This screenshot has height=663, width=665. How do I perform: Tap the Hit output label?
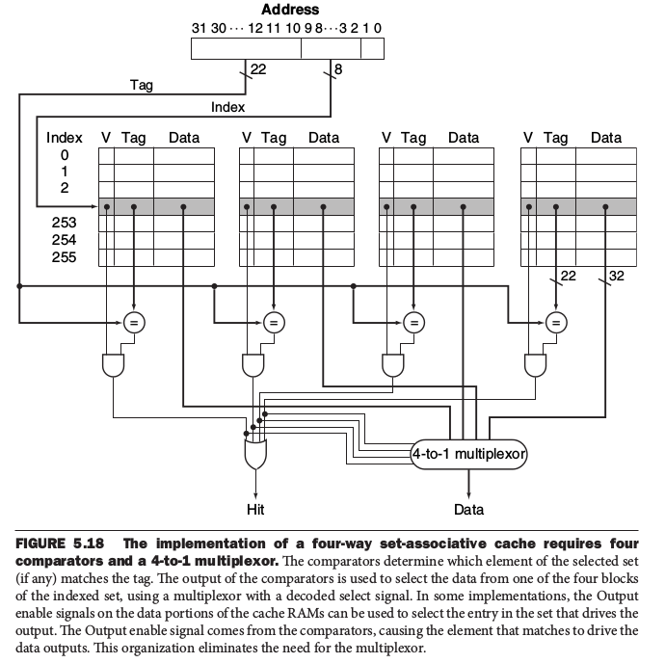(x=254, y=509)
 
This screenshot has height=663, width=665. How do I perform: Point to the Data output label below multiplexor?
(x=469, y=509)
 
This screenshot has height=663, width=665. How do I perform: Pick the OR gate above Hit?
(x=254, y=451)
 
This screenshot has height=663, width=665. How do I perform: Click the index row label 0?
(x=65, y=154)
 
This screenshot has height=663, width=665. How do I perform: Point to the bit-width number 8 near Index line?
(x=338, y=68)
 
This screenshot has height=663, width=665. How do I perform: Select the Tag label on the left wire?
(x=141, y=86)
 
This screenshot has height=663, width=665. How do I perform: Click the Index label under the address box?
(x=227, y=107)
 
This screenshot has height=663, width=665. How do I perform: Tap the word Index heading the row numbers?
(x=64, y=138)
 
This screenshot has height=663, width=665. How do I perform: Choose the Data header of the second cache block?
(x=324, y=138)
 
